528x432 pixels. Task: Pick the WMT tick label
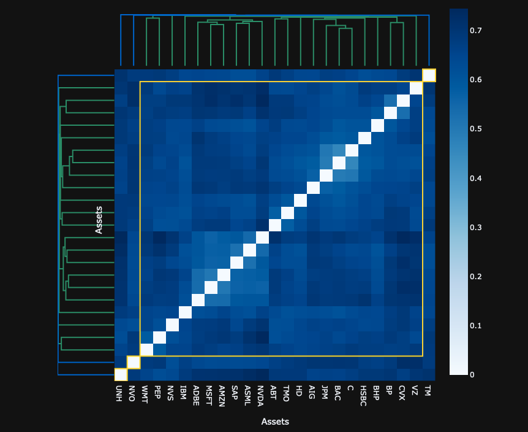pos(146,392)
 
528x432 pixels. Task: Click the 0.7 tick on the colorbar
pos(476,31)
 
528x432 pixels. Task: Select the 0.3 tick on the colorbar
pos(476,228)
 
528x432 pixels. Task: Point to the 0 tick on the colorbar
pos(472,375)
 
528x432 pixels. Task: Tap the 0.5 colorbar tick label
pos(476,129)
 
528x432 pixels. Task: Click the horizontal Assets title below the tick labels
pos(275,422)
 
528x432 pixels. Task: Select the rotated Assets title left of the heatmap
pos(99,220)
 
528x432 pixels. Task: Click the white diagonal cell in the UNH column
pos(121,374)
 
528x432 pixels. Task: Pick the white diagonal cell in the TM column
pos(429,75)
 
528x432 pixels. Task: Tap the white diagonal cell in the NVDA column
pos(262,237)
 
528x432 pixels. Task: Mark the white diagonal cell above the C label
pos(352,150)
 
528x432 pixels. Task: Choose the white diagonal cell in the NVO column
pos(134,362)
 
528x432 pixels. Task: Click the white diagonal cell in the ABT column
pos(275,225)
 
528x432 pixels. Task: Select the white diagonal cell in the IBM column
pos(185,312)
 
